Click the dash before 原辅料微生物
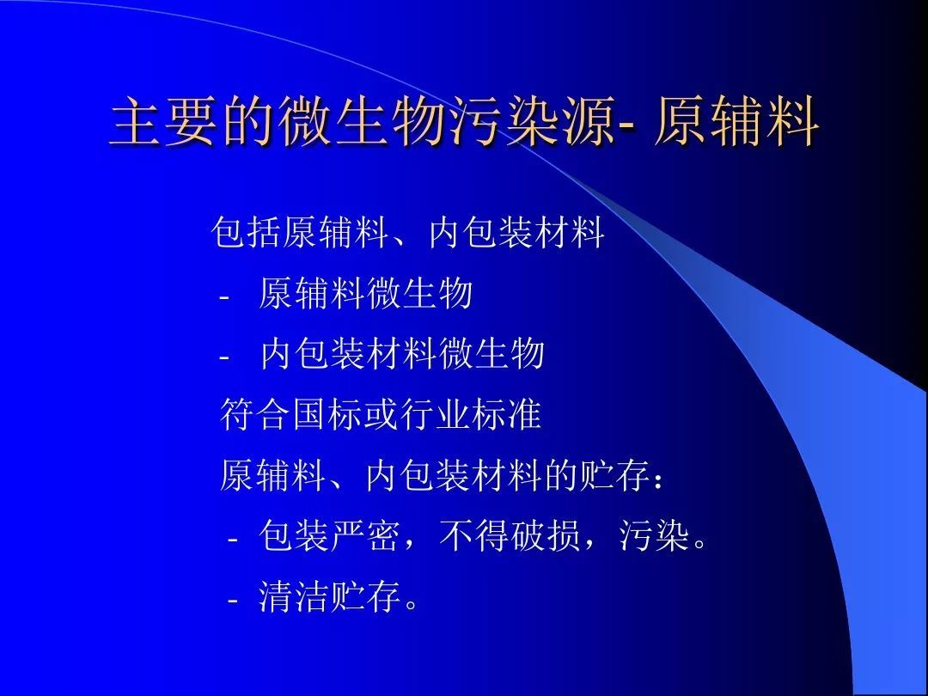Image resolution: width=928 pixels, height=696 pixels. (223, 297)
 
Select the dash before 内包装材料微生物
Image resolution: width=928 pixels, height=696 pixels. (223, 358)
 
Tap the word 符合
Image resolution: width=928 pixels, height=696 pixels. (254, 413)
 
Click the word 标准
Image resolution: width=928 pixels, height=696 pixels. (507, 413)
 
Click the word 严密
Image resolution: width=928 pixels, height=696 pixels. (363, 536)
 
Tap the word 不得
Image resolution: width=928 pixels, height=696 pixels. (473, 536)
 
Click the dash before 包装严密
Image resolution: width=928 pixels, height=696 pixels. (233, 540)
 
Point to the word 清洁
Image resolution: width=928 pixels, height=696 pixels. (292, 596)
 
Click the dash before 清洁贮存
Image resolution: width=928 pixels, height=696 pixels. (233, 600)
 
